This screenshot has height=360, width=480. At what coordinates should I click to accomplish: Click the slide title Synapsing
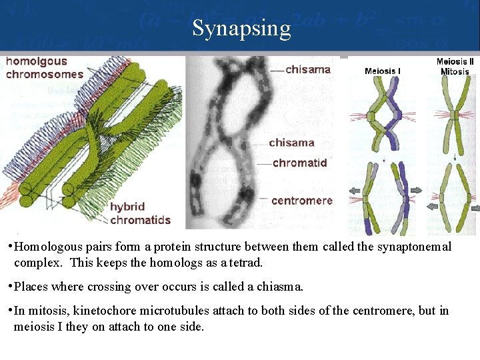click(x=241, y=29)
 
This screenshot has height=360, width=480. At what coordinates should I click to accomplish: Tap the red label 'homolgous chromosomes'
click(x=44, y=68)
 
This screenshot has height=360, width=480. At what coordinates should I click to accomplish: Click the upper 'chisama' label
click(x=307, y=69)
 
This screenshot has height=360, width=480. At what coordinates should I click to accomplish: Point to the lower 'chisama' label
click(x=291, y=143)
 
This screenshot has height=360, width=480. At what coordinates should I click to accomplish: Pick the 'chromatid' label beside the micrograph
click(x=299, y=163)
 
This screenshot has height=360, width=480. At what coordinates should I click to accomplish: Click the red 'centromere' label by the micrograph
click(x=301, y=200)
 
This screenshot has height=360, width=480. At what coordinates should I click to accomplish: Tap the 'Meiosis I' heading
click(x=383, y=71)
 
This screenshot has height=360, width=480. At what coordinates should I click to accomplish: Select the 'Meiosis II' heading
click(x=455, y=62)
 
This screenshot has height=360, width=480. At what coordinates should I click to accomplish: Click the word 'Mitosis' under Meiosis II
click(x=455, y=72)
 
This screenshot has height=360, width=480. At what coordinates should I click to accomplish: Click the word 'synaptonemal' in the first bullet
click(x=413, y=247)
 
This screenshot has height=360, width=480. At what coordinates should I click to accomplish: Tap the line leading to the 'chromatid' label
click(x=263, y=163)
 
